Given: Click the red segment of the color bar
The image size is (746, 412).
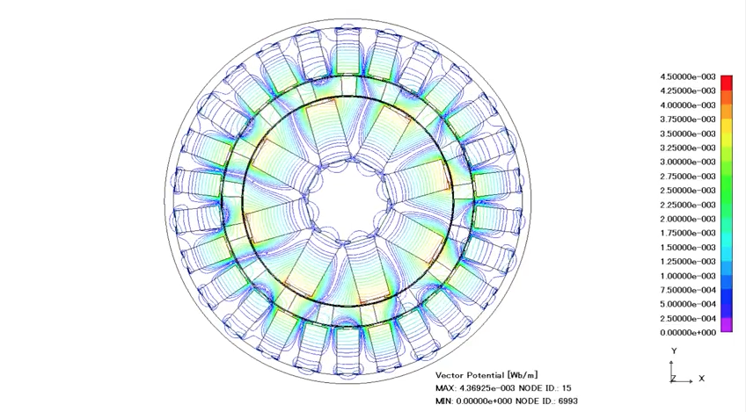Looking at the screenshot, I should point(727,83).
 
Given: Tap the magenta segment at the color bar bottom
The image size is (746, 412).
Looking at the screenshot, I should point(727,326).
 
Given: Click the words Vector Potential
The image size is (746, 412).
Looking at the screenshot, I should point(466,375).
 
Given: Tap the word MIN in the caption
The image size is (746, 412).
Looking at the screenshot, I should point(444,401).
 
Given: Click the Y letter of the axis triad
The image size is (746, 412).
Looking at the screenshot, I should point(674,351).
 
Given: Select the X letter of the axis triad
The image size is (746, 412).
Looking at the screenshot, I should point(701,379).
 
